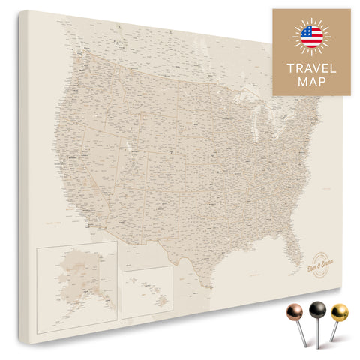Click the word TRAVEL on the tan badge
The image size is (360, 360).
coord(311,69)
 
